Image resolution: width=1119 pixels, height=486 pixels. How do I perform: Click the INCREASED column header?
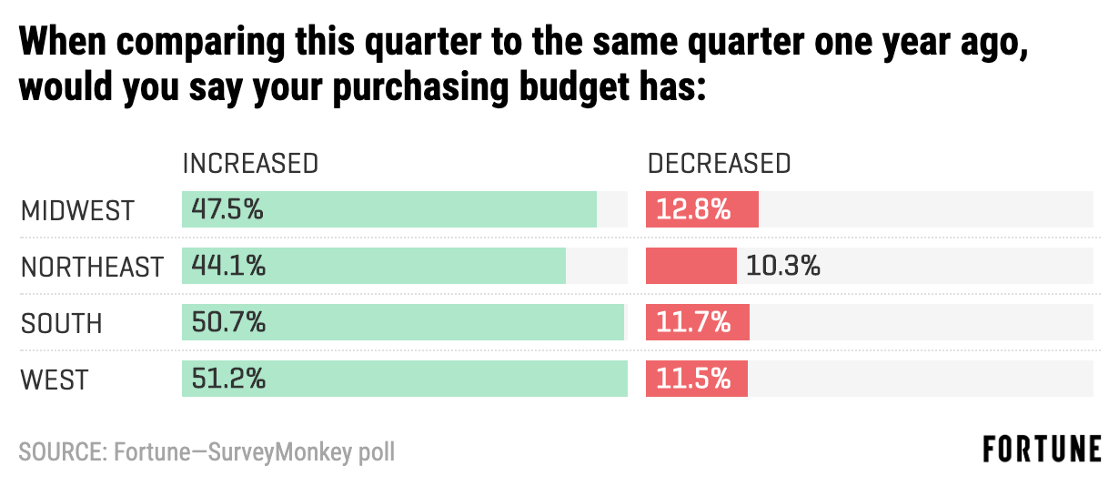click(250, 164)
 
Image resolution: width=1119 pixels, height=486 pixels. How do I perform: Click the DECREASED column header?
click(719, 164)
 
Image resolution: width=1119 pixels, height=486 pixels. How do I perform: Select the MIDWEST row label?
click(77, 210)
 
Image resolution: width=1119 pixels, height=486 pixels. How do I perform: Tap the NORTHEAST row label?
click(92, 267)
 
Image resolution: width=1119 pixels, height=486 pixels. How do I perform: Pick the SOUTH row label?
click(62, 323)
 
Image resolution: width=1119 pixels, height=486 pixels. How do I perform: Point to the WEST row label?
click(55, 380)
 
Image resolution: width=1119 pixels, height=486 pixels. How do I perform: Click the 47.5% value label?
click(227, 210)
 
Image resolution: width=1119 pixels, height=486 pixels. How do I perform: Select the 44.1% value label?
click(227, 267)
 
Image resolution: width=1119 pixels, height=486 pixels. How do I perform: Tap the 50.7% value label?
click(227, 323)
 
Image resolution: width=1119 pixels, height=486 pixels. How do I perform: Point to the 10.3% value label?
click(783, 267)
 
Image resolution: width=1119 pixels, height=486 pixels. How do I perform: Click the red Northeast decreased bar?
click(691, 267)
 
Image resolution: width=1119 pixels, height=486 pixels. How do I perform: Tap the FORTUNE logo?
click(1042, 450)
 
